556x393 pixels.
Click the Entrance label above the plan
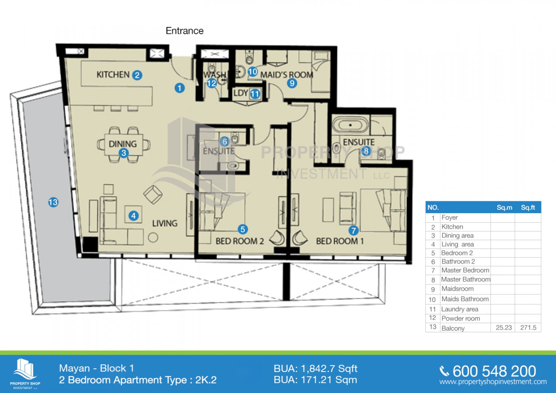(x=185, y=31)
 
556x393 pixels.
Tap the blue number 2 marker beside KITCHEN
(x=137, y=75)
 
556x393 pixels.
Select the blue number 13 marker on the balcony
(x=53, y=202)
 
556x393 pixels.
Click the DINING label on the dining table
(x=123, y=144)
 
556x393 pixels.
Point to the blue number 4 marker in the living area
(x=134, y=215)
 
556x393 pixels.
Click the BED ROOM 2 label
(x=240, y=241)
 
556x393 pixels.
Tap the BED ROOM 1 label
(x=340, y=241)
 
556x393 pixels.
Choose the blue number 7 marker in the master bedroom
(x=354, y=230)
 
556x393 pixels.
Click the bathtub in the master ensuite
(x=351, y=125)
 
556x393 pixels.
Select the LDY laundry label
(x=241, y=93)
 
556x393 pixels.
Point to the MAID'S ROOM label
(x=287, y=75)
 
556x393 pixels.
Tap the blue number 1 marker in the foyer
(x=180, y=88)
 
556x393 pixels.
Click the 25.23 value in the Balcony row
(x=504, y=327)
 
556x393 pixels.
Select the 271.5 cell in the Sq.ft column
(x=528, y=327)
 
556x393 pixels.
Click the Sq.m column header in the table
(x=504, y=208)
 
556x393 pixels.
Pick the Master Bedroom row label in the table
(x=465, y=270)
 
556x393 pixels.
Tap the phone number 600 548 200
(x=494, y=372)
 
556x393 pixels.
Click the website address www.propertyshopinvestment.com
(x=493, y=382)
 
